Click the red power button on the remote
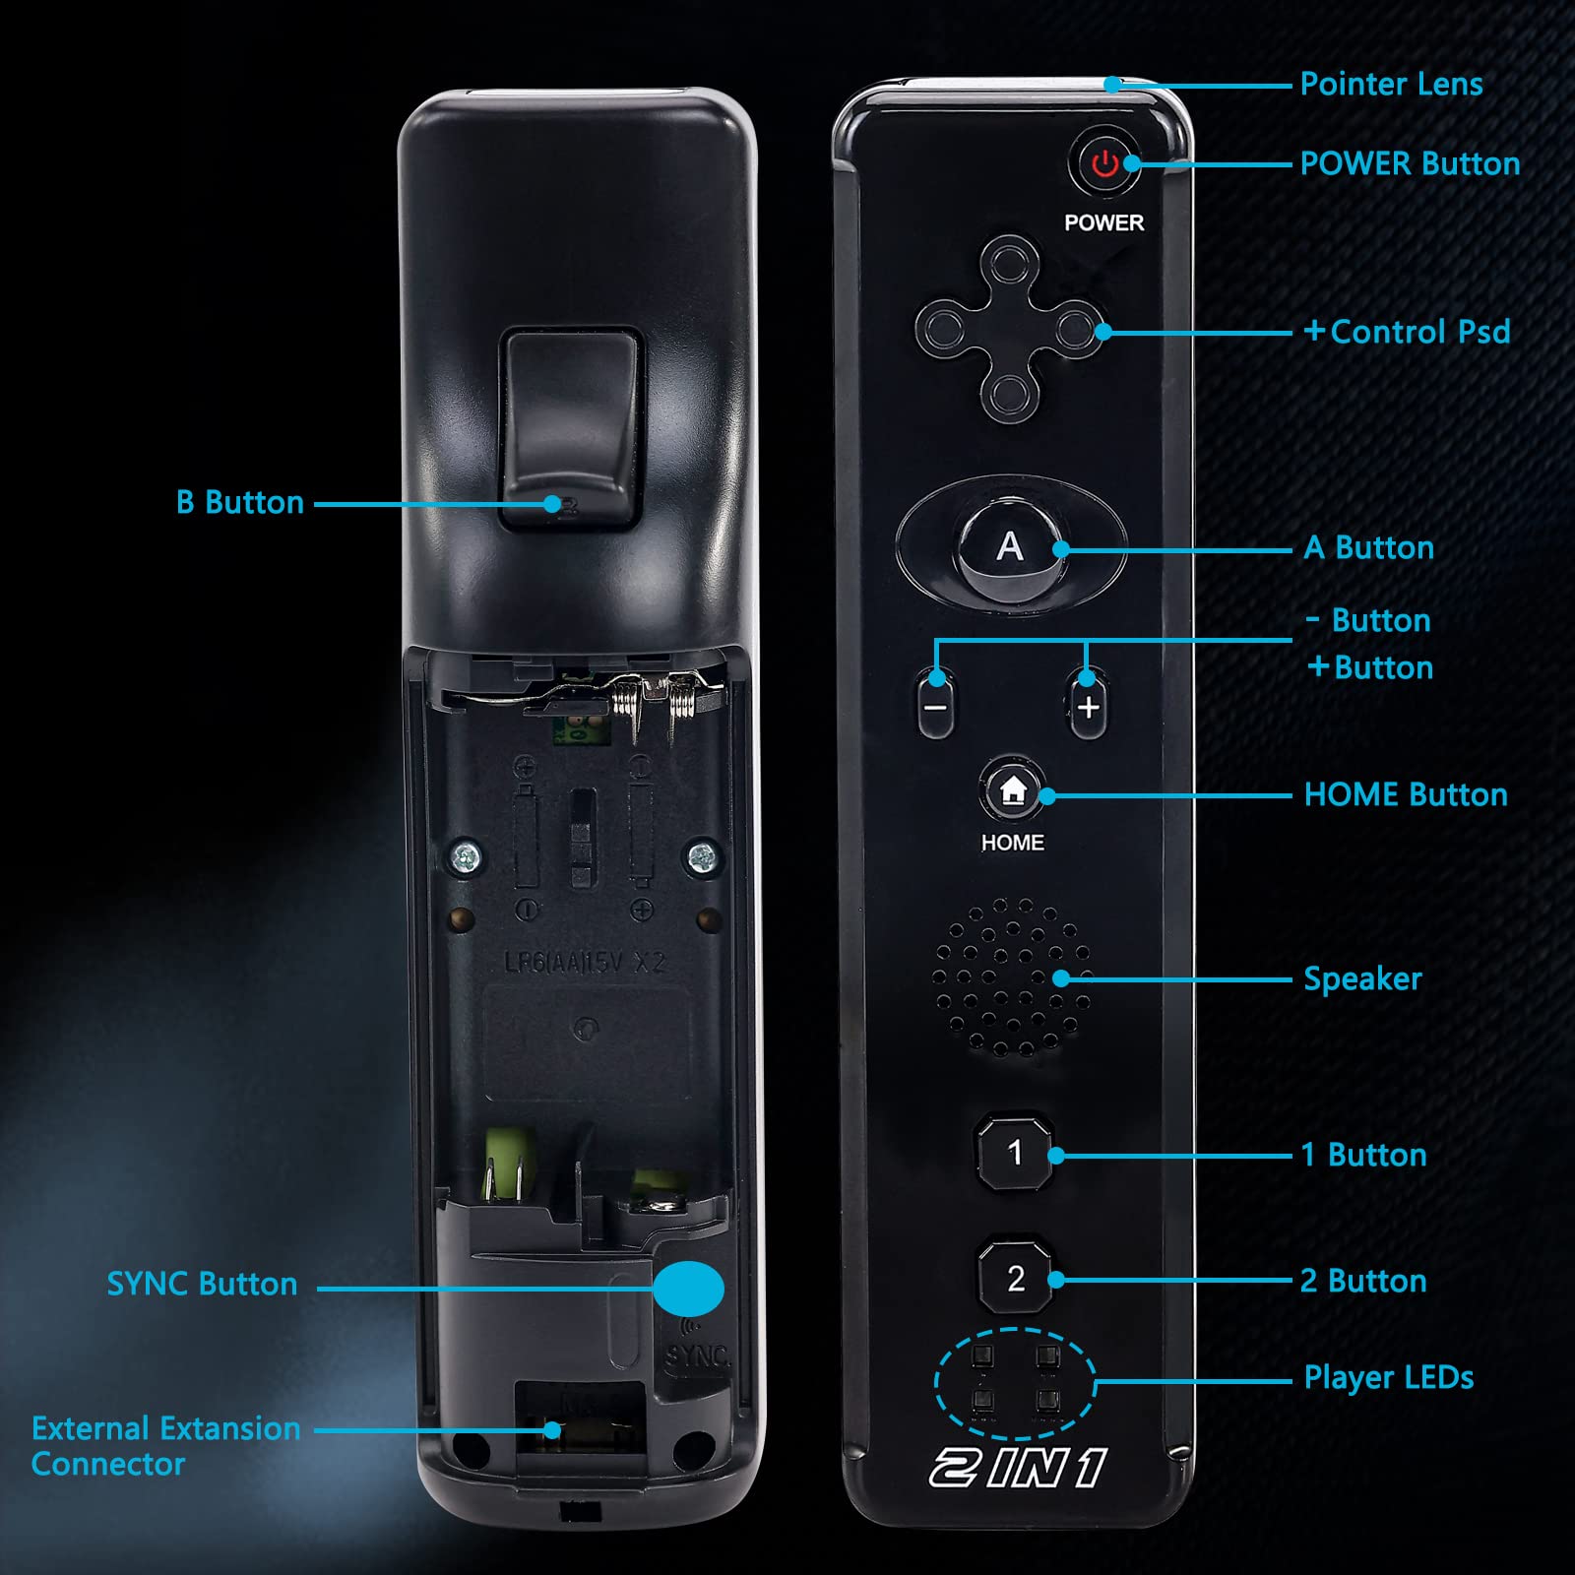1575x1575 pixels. click(x=1104, y=163)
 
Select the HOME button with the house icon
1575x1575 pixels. click(x=1012, y=790)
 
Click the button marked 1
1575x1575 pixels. click(x=1015, y=1152)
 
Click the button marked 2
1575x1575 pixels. click(x=1016, y=1278)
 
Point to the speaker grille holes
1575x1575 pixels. click(x=1011, y=976)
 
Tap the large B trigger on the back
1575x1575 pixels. click(x=571, y=429)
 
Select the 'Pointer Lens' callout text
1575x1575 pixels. click(x=1391, y=85)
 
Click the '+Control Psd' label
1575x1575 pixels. click(x=1407, y=332)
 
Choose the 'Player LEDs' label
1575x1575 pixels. click(x=1389, y=1378)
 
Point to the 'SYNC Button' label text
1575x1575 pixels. click(x=202, y=1284)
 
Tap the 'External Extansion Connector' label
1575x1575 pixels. click(x=165, y=1446)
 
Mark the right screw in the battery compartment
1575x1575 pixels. click(x=702, y=856)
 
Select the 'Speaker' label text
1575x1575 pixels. click(x=1362, y=979)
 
